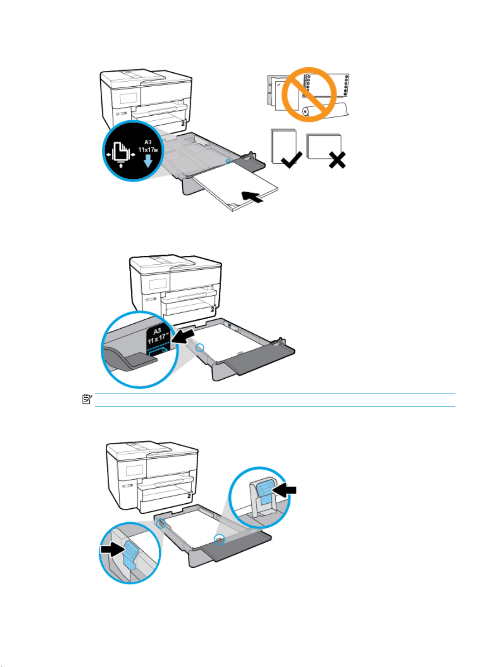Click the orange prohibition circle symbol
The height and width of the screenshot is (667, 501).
[309, 95]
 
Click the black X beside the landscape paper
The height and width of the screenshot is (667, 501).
[337, 160]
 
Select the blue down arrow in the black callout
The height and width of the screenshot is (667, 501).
[148, 161]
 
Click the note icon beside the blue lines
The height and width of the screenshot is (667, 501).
[87, 399]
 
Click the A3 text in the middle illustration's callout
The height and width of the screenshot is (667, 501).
[157, 331]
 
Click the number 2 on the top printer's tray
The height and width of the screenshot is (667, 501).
[183, 124]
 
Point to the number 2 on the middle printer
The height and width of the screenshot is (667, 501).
[213, 309]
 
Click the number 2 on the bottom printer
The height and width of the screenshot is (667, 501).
[189, 496]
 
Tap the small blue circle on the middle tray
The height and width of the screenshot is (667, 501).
[200, 348]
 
